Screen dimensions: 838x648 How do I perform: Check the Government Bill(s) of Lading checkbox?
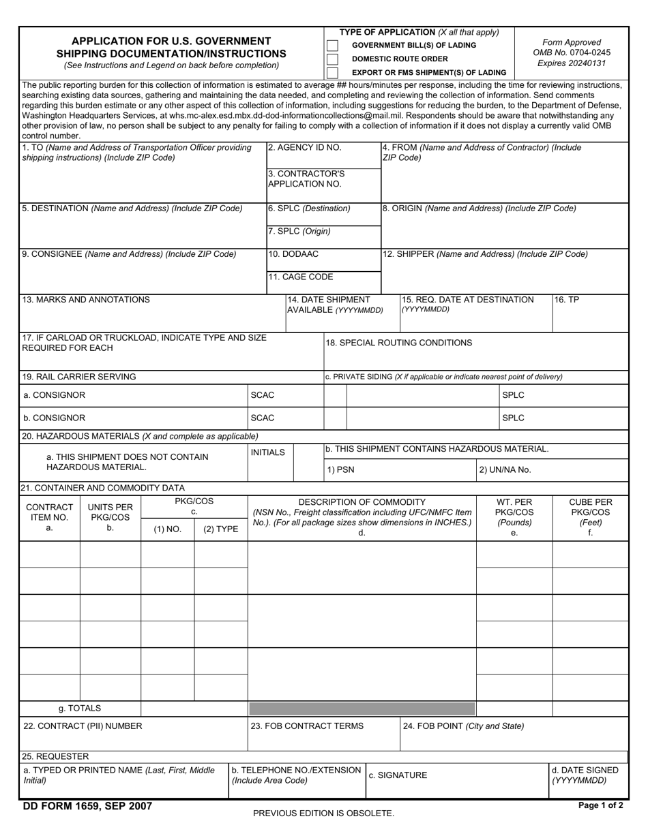(332, 46)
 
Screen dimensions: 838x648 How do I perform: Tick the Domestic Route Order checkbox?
(332, 59)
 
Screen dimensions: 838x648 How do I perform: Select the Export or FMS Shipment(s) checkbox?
(332, 72)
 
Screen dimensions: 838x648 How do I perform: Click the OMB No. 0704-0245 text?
(572, 52)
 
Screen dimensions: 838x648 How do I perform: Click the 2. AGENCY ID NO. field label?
(305, 147)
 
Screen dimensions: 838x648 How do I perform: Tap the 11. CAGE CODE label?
(301, 277)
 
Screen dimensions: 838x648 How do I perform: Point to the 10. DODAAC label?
(293, 254)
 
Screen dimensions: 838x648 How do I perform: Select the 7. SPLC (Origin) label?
(299, 231)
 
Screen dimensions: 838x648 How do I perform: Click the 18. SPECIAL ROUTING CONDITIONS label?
(399, 343)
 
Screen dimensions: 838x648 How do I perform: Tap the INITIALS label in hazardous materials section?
(268, 452)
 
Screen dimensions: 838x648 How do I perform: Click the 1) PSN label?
(341, 469)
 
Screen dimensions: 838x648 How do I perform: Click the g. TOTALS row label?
(80, 709)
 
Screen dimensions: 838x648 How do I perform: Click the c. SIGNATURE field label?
(398, 775)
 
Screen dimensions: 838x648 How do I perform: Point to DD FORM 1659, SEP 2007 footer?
(87, 807)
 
